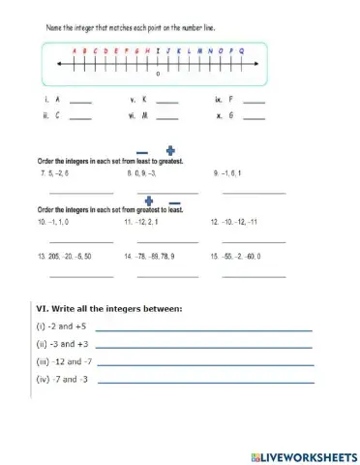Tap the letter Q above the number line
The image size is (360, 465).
pos(241,51)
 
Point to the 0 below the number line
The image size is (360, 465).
pos(158,74)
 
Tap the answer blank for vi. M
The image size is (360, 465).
pos(166,118)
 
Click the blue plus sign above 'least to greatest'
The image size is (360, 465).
pos(172,151)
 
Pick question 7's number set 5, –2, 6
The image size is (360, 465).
pos(55,173)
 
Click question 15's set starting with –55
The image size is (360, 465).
pos(237,257)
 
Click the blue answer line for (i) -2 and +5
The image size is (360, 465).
pos(203,330)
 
